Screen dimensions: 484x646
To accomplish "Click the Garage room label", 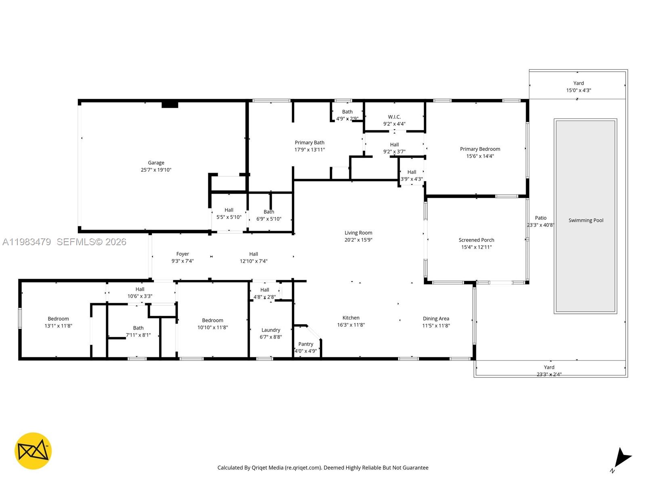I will click(156, 163).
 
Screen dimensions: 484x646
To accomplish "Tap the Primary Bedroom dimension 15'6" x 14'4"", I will click(480, 156).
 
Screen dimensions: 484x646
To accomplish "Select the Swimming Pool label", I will click(585, 220).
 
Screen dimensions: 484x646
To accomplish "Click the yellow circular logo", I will click(33, 451).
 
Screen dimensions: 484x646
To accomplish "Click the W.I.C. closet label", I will click(394, 117).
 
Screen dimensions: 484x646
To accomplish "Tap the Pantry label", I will click(306, 344).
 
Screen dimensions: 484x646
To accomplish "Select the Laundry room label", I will click(271, 330).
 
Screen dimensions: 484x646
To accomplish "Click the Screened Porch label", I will click(476, 240).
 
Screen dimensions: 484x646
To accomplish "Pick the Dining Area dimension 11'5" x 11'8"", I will click(436, 325).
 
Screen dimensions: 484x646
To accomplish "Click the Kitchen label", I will click(351, 318).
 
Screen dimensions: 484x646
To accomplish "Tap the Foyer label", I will click(182, 254).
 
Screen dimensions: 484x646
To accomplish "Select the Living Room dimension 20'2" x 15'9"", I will click(358, 240).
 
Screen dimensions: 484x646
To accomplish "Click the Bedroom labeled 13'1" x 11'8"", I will click(58, 319).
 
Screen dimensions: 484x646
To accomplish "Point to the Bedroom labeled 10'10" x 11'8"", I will click(212, 321).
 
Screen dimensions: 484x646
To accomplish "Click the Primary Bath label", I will click(309, 142).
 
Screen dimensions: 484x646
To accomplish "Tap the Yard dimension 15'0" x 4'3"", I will click(578, 90).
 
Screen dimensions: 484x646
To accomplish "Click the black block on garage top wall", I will click(170, 104).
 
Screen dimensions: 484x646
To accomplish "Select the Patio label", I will click(540, 218).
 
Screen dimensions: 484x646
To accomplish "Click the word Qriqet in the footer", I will click(260, 468).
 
